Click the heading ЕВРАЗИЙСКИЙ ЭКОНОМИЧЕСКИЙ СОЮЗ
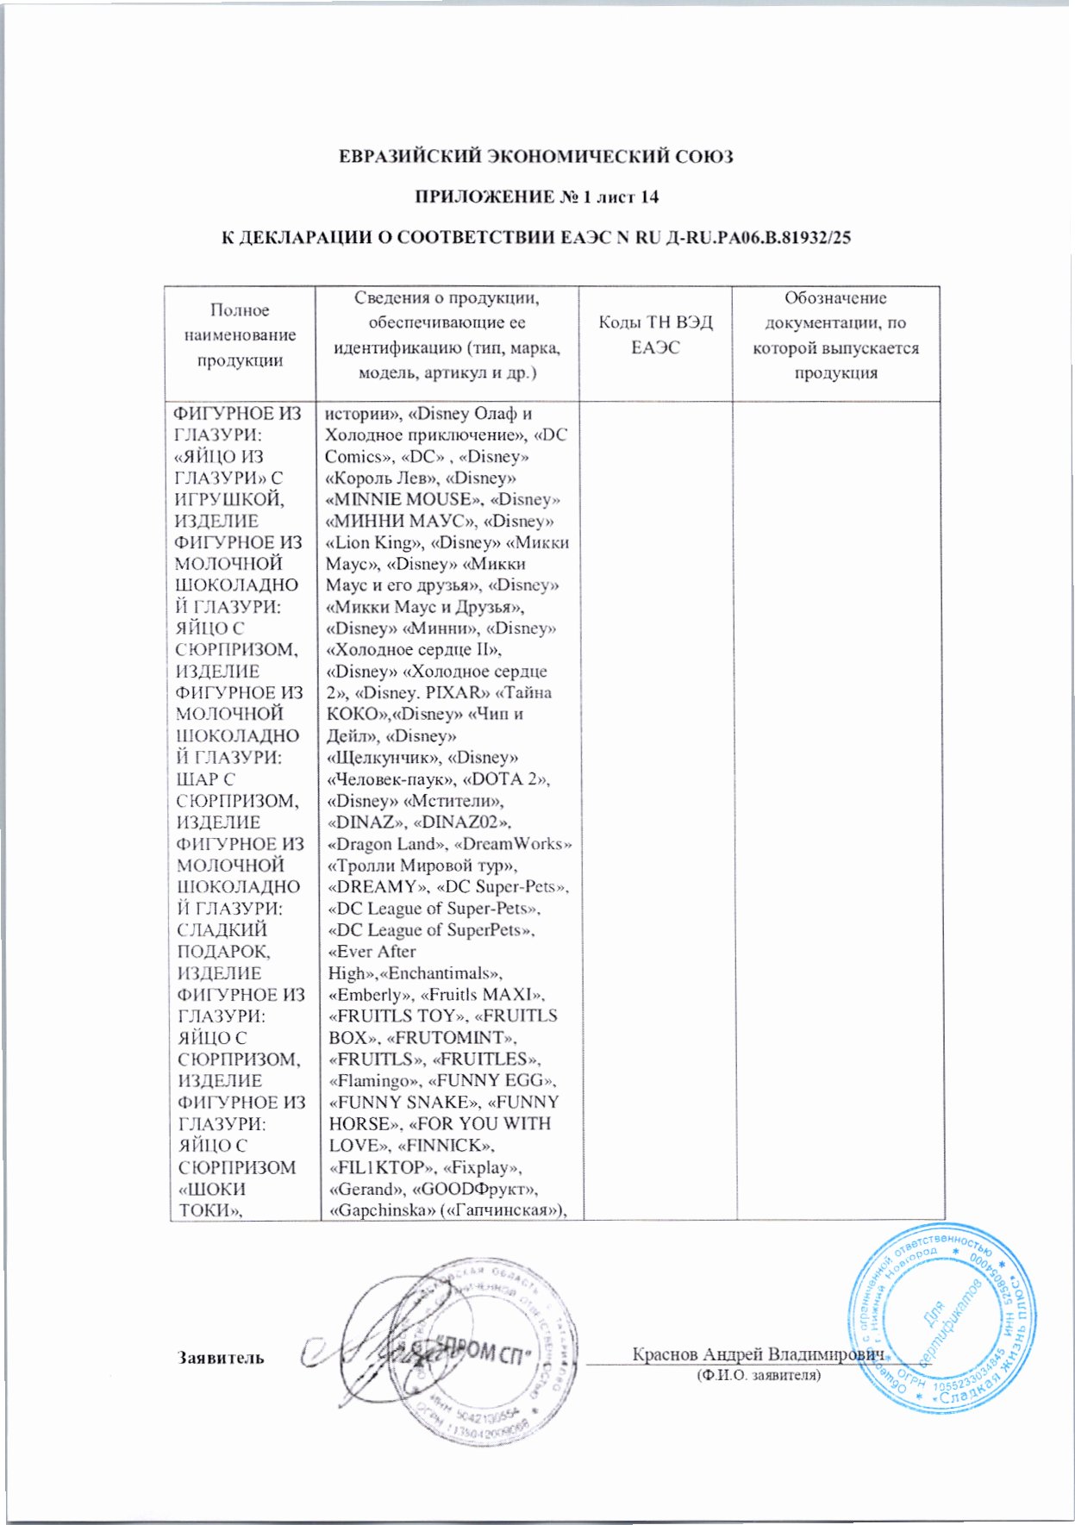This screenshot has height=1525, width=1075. (535, 157)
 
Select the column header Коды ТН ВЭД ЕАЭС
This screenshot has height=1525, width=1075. (655, 334)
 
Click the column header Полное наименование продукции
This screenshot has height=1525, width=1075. (240, 334)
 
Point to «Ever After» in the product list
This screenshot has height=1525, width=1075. (372, 952)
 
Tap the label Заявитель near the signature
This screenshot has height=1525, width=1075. (221, 1357)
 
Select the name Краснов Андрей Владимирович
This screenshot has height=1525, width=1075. (759, 1353)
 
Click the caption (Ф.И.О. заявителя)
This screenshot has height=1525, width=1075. (759, 1376)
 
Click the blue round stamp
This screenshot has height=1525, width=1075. (941, 1319)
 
